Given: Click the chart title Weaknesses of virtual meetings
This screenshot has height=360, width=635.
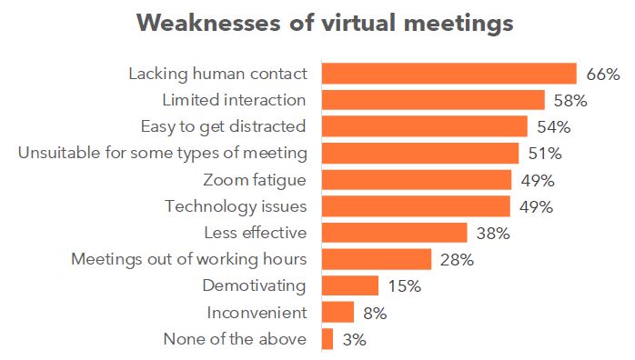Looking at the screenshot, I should (325, 24).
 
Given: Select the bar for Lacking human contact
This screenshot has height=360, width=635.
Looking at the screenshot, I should (449, 74).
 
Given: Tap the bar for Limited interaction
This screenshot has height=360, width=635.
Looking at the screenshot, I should (433, 100).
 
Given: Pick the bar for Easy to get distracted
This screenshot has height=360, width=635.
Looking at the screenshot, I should (425, 126).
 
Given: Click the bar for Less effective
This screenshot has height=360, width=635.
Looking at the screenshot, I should (395, 233).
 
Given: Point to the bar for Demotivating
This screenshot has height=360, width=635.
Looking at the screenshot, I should (350, 286).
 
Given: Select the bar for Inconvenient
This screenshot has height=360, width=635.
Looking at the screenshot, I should (338, 313).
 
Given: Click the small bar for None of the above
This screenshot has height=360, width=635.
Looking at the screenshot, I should (328, 339).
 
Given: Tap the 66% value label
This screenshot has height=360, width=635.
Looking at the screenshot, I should (602, 74).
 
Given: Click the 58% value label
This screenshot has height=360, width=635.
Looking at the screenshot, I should (570, 100).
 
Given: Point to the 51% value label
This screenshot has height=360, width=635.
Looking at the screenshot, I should (544, 153).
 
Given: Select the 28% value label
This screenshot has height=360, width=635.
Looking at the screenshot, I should (456, 260).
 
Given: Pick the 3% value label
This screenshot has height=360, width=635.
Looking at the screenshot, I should (355, 340).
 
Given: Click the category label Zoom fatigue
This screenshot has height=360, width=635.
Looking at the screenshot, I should (256, 180).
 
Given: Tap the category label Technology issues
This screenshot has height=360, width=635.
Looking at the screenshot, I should (236, 206).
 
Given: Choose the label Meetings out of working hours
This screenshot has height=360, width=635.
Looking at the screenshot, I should (189, 260).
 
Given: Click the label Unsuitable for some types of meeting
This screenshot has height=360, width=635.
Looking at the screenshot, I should (163, 153).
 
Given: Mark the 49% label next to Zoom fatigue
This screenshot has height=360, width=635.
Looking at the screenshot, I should (537, 180).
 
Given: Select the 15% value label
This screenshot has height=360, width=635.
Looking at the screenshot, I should (403, 286).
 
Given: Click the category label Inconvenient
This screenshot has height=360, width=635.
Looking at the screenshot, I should (257, 313).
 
